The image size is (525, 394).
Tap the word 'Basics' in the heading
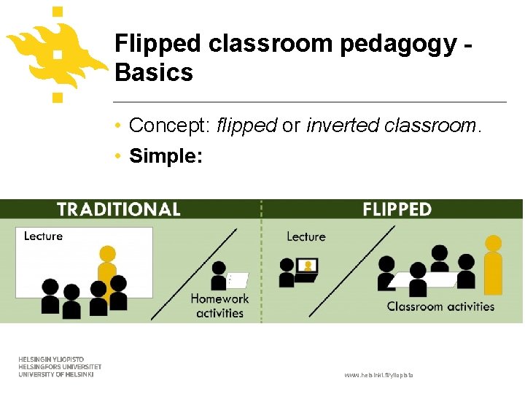154,73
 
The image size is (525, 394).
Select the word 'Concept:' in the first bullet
170,125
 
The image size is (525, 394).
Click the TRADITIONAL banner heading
118,209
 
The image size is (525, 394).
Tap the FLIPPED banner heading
397,209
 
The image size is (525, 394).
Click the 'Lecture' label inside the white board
43,236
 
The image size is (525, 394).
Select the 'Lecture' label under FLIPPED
306,236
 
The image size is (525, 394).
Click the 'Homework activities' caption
219,306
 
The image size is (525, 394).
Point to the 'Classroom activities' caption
440,306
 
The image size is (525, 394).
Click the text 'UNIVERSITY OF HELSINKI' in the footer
56,374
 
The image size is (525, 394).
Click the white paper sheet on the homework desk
238,280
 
